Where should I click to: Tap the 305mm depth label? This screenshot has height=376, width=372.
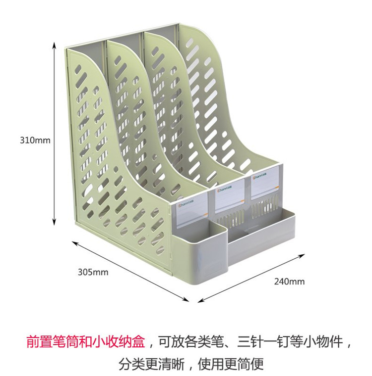click(x=93, y=272)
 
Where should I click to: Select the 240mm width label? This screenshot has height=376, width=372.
click(x=289, y=282)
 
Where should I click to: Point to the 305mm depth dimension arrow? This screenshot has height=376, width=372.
click(x=131, y=271)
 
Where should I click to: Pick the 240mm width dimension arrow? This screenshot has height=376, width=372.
click(x=251, y=278)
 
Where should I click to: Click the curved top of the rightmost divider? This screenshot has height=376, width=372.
click(x=198, y=37)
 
